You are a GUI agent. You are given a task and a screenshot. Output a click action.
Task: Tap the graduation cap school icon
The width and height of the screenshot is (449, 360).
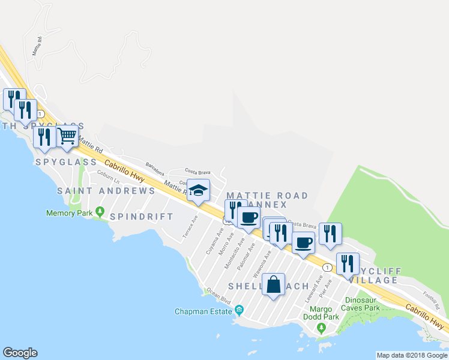pos(198,191)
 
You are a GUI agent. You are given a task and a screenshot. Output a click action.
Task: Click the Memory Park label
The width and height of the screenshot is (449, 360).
pos(69,213)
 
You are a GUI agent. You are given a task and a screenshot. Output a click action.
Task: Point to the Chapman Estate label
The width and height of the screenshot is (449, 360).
pos(203,311)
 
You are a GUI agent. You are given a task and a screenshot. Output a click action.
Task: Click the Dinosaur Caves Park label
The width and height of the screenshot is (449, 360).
pos(361,304)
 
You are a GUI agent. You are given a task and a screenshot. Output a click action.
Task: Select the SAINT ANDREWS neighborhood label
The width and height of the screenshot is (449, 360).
pos(106,191)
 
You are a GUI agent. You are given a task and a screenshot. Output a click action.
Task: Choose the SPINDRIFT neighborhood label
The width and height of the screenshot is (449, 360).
pos(142,217)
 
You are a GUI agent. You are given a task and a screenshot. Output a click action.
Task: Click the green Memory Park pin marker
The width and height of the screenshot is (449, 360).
pos(99,212)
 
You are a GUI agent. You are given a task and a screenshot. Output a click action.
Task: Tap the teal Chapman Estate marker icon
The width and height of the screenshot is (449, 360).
pos(240,310)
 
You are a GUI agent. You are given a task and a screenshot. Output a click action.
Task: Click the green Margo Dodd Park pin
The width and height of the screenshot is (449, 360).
pos(321,328)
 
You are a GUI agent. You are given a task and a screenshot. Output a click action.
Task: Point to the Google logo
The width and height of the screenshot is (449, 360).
pos(20,353)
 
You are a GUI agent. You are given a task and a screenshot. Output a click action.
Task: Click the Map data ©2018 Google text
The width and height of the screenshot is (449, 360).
pos(411,355)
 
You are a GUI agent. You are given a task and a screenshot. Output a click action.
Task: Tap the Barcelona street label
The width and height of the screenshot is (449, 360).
pos(154,166)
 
